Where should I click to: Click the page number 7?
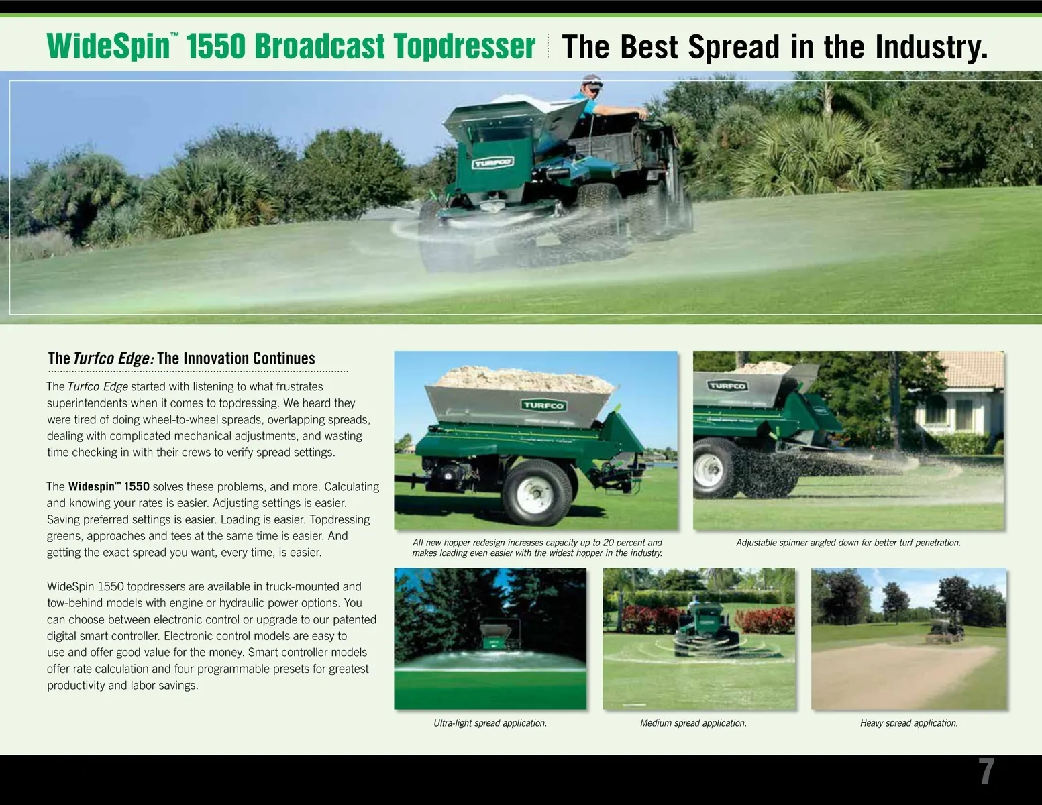[x=986, y=771]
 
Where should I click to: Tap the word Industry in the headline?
[x=931, y=47]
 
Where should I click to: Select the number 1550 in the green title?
[x=215, y=46]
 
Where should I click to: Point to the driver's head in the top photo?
[x=592, y=86]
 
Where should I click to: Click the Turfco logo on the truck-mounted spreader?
[x=493, y=162]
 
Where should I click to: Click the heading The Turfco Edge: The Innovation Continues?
[x=181, y=358]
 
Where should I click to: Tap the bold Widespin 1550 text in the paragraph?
[x=109, y=486]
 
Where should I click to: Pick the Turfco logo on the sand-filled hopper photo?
[x=543, y=405]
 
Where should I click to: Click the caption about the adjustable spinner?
[x=848, y=543]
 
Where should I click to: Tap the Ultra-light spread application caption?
[x=490, y=723]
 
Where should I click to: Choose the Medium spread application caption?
[x=693, y=723]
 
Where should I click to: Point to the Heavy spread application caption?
[x=908, y=723]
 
